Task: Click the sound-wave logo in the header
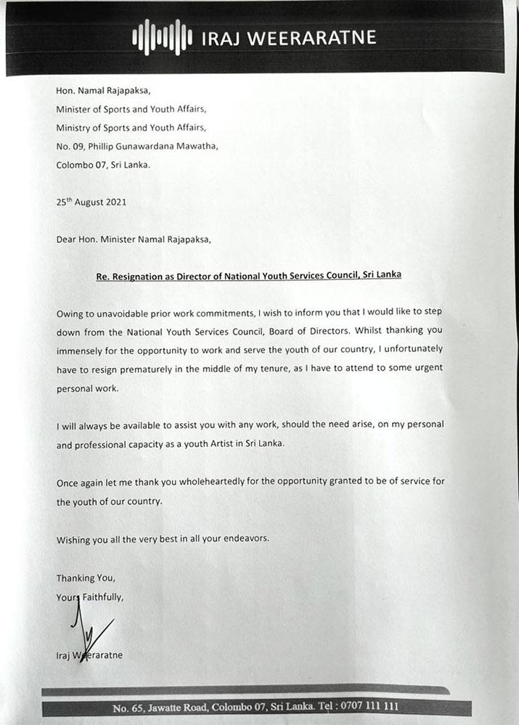click(162, 37)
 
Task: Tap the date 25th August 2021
click(91, 202)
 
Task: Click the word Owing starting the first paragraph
click(71, 312)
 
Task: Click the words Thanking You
click(86, 578)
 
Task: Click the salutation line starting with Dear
click(134, 239)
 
